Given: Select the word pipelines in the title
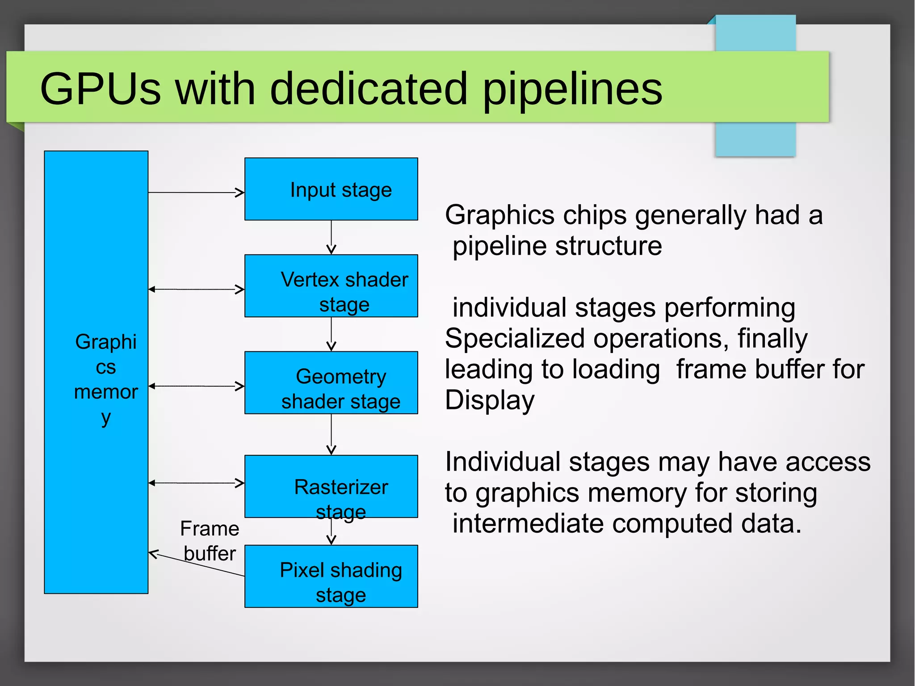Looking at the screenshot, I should [x=573, y=89].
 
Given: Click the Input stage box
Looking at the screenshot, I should [x=331, y=189].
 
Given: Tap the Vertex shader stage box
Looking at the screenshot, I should [x=331, y=286].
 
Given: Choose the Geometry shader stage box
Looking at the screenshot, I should [x=331, y=383].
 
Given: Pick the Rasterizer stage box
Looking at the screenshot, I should [x=331, y=486].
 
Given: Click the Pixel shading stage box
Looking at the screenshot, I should [x=331, y=577].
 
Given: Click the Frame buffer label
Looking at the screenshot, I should [x=210, y=541].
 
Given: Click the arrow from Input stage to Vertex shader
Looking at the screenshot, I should [x=331, y=237].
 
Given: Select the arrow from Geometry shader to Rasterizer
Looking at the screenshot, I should [x=331, y=434].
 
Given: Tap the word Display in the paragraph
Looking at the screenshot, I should [x=490, y=400].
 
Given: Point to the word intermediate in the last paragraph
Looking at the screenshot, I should [x=528, y=523].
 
